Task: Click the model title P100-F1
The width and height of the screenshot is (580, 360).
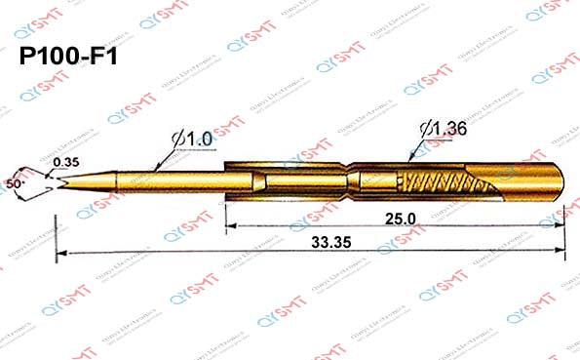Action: (x=68, y=58)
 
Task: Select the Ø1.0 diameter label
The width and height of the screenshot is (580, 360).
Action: (x=193, y=140)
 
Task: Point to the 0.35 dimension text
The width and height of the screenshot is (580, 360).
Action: (x=66, y=161)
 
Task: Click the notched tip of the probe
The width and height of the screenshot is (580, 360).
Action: (x=60, y=181)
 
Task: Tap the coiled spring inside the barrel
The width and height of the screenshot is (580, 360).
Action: (x=440, y=182)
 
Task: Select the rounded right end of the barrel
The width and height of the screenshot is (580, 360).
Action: (x=560, y=182)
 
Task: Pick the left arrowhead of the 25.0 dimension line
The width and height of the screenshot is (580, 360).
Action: (x=231, y=227)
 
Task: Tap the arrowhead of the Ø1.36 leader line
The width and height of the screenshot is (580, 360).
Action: (x=412, y=158)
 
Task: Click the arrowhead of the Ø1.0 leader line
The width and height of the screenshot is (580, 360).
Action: (x=159, y=172)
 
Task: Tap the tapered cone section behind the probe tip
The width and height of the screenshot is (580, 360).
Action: (x=88, y=180)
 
